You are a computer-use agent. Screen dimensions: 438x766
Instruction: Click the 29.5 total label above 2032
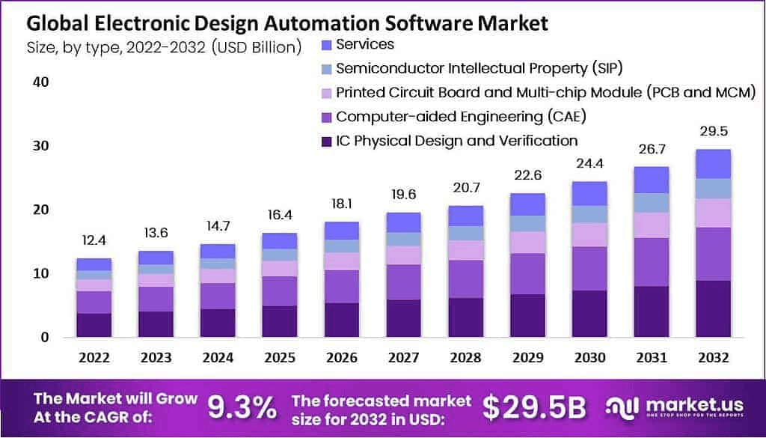712,133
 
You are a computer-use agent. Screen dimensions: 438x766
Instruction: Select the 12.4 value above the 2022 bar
94,241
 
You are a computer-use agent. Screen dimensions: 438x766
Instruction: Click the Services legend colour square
325,45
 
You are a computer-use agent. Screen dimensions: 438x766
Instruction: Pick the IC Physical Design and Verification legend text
456,140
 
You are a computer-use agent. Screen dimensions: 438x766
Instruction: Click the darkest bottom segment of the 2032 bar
712,308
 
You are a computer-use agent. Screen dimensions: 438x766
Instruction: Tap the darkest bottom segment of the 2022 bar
94,324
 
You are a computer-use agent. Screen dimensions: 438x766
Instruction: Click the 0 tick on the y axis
44,337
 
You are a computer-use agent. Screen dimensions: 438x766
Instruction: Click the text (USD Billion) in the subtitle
256,47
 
